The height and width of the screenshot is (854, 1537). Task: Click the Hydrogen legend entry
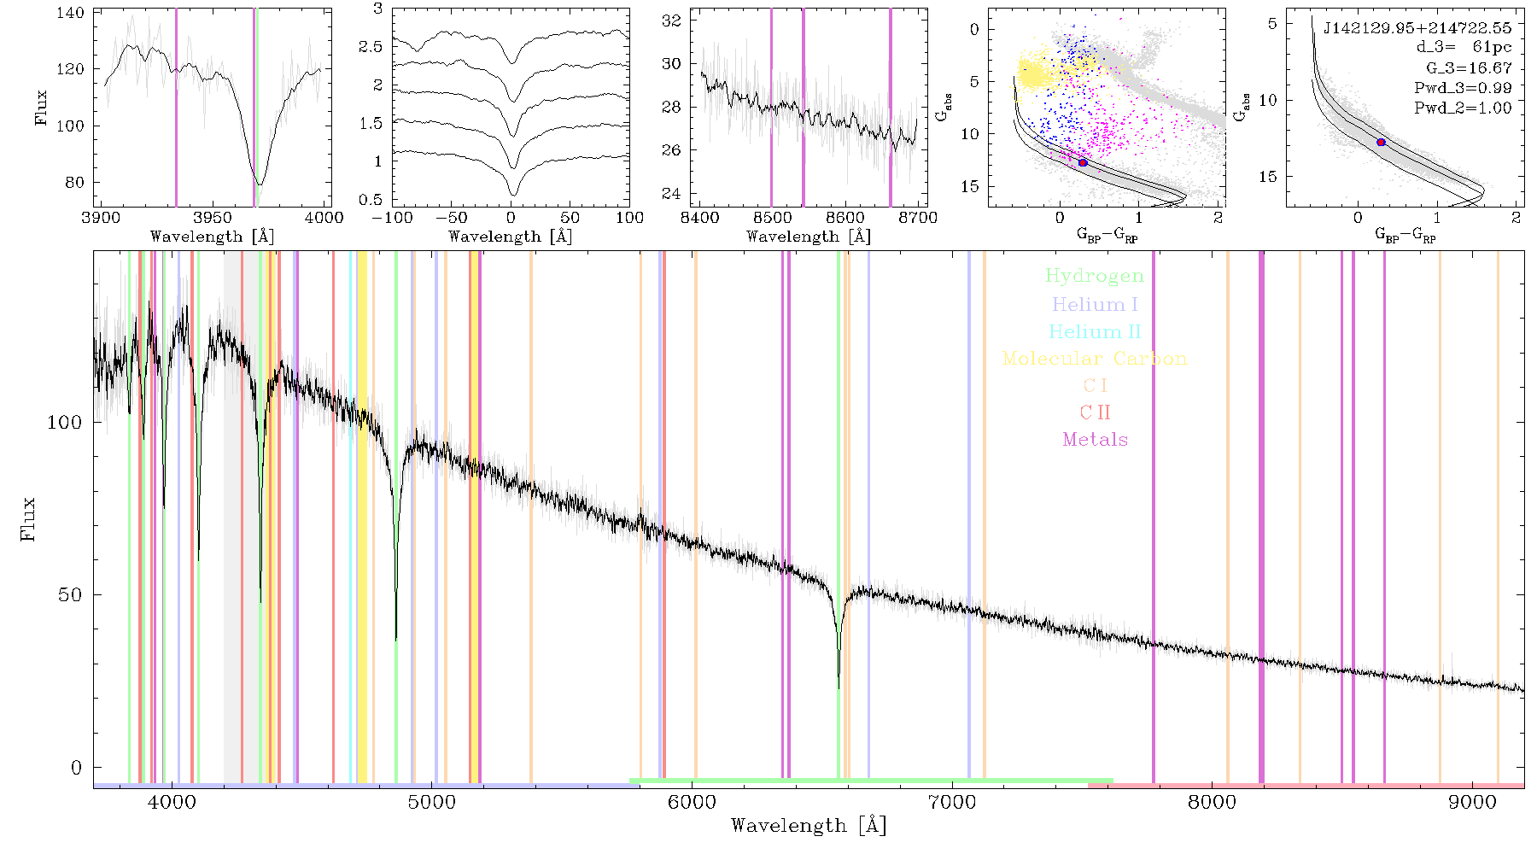click(1094, 276)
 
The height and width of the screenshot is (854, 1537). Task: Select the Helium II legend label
click(1094, 331)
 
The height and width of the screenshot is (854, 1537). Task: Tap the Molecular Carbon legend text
click(1095, 359)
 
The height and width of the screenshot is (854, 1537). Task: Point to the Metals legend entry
click(1096, 440)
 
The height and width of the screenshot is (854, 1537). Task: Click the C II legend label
click(1095, 412)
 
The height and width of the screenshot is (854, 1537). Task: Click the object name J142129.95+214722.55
click(1417, 28)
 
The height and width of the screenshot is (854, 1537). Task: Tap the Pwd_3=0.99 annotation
click(1463, 88)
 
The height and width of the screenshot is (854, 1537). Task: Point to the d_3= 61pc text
click(1464, 48)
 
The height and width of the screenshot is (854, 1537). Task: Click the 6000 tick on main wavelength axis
click(692, 802)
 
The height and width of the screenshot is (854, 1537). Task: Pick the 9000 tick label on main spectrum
click(1472, 802)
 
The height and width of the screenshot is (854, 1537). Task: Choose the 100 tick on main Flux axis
click(65, 423)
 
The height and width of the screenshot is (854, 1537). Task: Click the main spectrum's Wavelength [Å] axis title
click(809, 826)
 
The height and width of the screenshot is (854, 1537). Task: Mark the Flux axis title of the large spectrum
click(29, 518)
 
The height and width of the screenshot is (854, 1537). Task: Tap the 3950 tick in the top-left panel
click(213, 217)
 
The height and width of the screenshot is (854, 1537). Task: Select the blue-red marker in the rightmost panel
click(1381, 142)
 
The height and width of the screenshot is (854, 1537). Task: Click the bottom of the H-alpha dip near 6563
click(839, 688)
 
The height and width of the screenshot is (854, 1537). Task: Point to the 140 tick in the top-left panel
click(72, 13)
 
